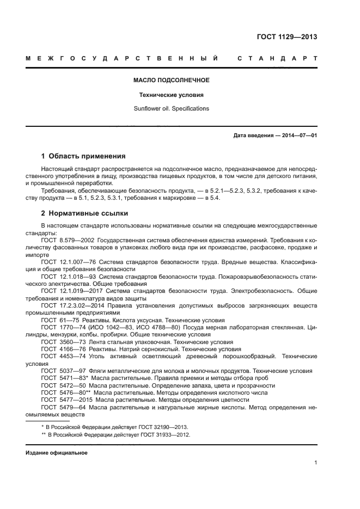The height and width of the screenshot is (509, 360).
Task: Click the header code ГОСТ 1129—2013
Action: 286,37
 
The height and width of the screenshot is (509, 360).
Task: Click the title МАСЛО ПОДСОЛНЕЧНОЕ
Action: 172,80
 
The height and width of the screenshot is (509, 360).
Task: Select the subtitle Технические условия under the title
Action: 172,94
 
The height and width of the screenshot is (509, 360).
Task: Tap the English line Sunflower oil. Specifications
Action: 172,108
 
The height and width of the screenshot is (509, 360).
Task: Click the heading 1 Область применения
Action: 83,156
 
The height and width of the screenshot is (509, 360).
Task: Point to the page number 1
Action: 315,463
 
